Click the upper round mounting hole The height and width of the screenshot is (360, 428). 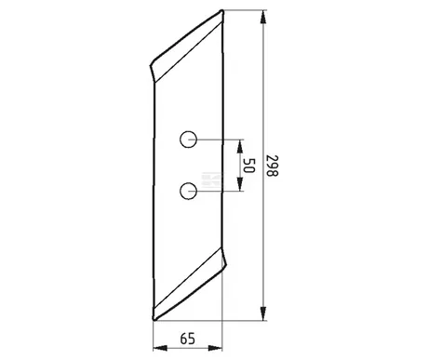tap(188, 140)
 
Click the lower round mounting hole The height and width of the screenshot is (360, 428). tap(188, 191)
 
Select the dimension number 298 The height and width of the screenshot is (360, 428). tap(273, 166)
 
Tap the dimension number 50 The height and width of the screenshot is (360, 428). tap(248, 166)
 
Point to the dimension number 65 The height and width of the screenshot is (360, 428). tap(188, 339)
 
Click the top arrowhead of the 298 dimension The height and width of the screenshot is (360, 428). tap(263, 17)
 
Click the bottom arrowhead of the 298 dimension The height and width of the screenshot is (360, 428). tap(263, 313)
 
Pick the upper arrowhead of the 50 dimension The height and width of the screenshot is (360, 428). tap(239, 146)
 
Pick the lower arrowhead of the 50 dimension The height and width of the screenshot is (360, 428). tap(239, 184)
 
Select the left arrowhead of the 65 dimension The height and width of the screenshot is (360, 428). tap(160, 348)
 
